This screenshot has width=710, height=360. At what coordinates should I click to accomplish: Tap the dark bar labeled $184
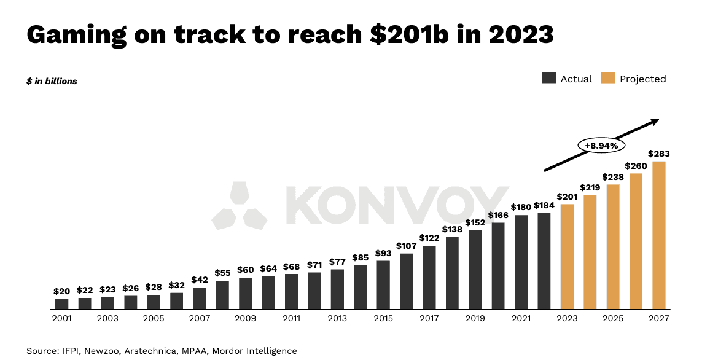click(544, 260)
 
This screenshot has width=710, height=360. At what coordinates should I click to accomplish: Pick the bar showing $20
click(62, 303)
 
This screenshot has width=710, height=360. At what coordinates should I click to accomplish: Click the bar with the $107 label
click(407, 281)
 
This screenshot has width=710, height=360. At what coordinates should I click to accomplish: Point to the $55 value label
click(223, 273)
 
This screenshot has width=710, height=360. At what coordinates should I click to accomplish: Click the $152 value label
click(475, 222)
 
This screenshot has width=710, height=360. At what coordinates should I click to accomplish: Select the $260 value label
click(636, 166)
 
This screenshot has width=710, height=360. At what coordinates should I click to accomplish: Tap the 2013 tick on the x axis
click(337, 318)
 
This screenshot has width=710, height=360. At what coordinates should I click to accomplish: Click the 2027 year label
click(659, 318)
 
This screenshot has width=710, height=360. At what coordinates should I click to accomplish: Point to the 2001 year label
click(62, 318)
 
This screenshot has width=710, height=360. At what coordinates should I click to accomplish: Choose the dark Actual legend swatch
click(548, 79)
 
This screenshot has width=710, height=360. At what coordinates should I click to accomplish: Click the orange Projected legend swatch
click(608, 79)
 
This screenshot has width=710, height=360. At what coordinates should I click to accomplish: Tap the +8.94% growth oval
click(601, 146)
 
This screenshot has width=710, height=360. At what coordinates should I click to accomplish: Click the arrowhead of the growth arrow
click(655, 122)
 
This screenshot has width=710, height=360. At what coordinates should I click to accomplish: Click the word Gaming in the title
click(77, 35)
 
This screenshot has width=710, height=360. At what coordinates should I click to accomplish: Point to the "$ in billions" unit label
click(52, 81)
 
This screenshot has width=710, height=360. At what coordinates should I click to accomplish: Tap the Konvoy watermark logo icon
click(240, 205)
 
